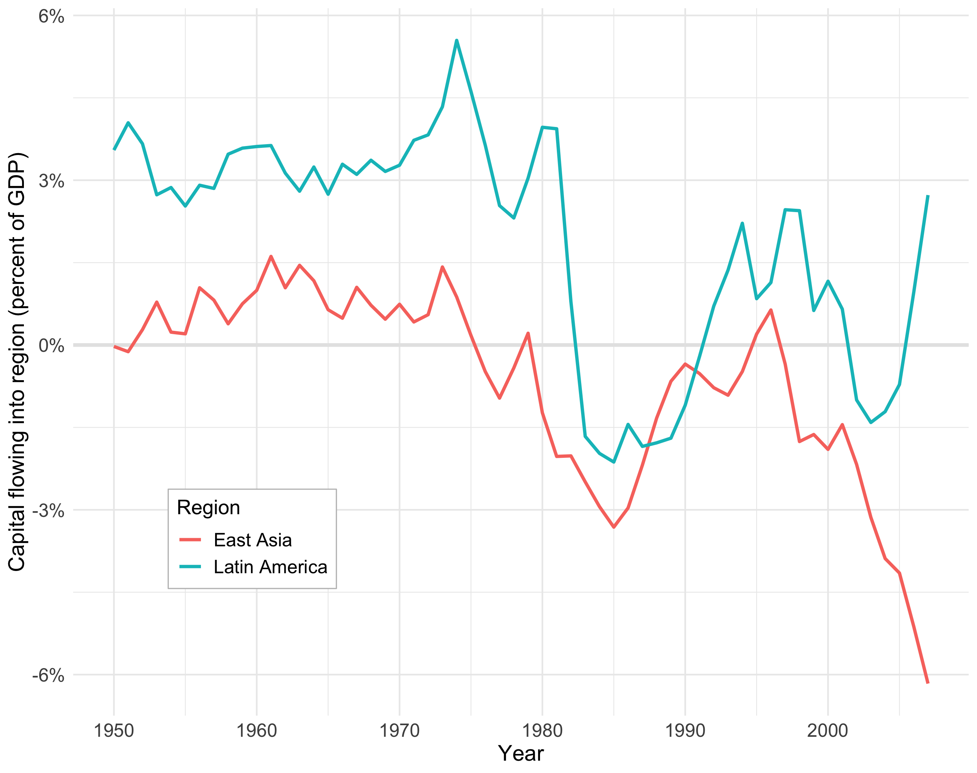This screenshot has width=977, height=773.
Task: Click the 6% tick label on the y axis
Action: [51, 17]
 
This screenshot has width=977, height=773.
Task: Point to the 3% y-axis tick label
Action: [51, 181]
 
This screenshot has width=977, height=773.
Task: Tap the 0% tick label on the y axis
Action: [51, 346]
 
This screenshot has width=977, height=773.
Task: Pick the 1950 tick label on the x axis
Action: [114, 730]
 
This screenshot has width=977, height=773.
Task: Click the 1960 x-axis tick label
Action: [257, 730]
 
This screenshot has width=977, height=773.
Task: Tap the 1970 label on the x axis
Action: [400, 730]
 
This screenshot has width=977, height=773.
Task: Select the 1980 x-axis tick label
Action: [542, 730]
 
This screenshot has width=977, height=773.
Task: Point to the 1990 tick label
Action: [685, 730]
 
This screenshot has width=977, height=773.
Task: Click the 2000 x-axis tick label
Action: [828, 730]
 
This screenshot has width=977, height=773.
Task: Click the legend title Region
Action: [208, 508]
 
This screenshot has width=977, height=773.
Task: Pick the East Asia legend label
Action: [252, 540]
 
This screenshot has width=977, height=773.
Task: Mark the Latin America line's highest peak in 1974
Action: [457, 40]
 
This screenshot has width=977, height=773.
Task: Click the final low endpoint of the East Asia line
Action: [928, 683]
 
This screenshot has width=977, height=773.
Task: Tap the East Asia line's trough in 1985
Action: [614, 527]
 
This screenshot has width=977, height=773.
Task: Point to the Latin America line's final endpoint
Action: [928, 196]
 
